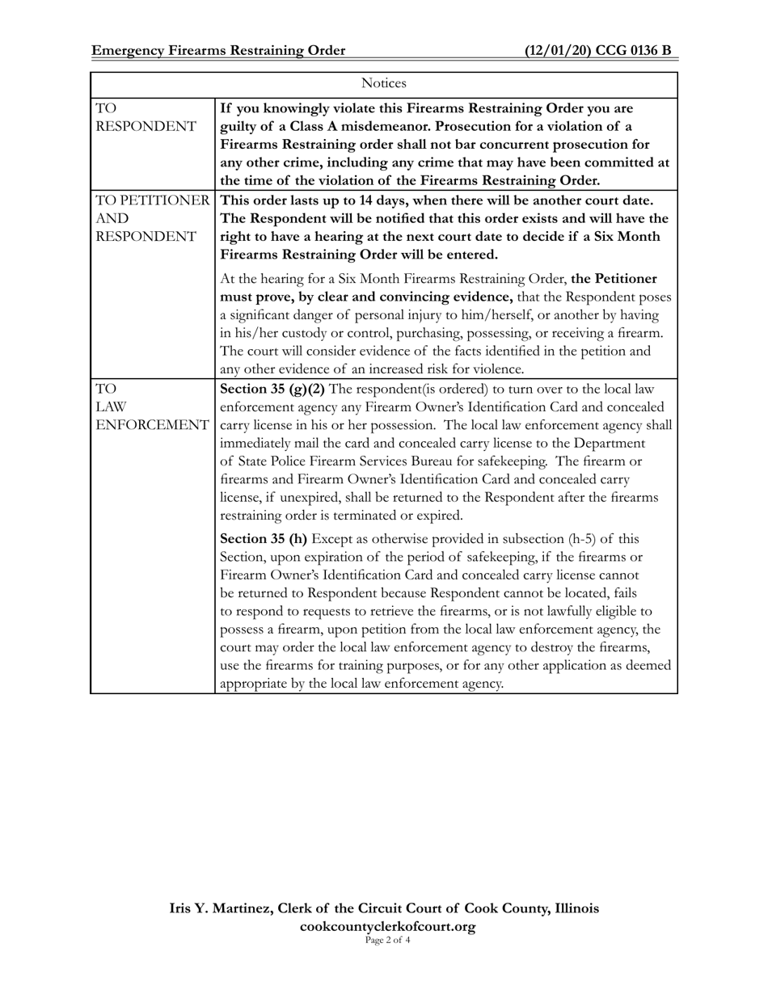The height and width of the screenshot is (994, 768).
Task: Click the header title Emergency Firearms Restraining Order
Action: [218, 51]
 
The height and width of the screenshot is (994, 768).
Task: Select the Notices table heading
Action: [383, 84]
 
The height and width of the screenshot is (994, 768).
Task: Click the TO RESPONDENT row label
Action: [146, 117]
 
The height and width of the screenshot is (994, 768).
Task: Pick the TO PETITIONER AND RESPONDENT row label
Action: [152, 218]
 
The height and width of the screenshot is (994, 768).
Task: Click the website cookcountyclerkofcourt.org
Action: [387, 926]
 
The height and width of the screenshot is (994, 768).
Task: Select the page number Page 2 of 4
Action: [387, 940]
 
